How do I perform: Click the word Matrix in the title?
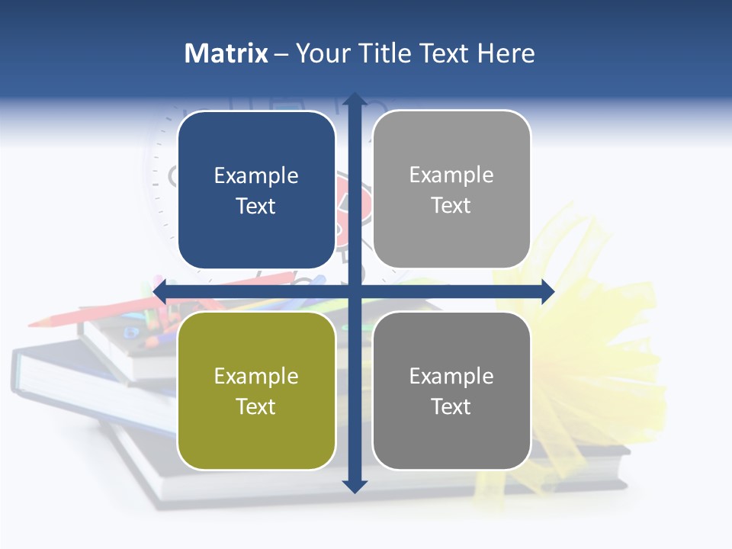tap(226, 53)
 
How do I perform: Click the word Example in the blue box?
tap(256, 176)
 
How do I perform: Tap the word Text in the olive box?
tap(256, 406)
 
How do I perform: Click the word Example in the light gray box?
tap(451, 175)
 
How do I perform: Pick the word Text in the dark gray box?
tap(451, 406)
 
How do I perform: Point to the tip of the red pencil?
tap(32, 324)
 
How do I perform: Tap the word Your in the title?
tap(320, 53)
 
